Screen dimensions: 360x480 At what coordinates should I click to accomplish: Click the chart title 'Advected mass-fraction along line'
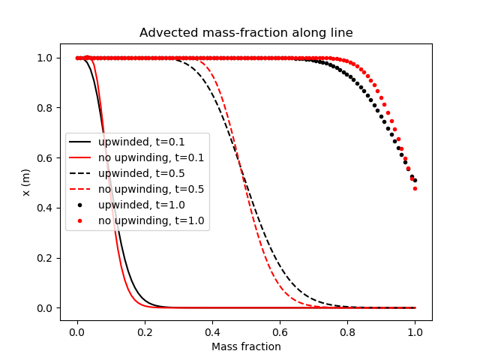[x=246, y=33]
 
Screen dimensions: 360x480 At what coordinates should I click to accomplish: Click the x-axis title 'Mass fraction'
[x=246, y=346]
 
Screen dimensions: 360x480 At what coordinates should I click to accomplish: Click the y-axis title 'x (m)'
[x=26, y=182]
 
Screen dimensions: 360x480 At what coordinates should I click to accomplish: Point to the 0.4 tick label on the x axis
[x=212, y=331]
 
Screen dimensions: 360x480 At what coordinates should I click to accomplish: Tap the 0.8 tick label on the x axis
[x=347, y=331]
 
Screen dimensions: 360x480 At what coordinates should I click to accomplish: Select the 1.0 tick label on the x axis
[x=415, y=331]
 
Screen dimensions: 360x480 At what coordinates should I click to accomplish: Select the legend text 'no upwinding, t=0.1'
[x=151, y=157]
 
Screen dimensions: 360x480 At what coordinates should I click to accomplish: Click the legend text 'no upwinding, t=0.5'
[x=151, y=189]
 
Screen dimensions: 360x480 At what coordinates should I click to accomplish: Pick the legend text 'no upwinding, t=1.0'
[x=151, y=220]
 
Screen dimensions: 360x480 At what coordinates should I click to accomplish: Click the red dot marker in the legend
[x=81, y=220]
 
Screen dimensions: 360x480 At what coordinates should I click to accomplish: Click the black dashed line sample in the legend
[x=81, y=173]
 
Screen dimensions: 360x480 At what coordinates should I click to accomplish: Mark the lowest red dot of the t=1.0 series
[x=415, y=188]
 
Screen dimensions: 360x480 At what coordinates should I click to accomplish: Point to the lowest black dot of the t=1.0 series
[x=415, y=180]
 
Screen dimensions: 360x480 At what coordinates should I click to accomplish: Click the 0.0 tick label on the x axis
[x=77, y=331]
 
